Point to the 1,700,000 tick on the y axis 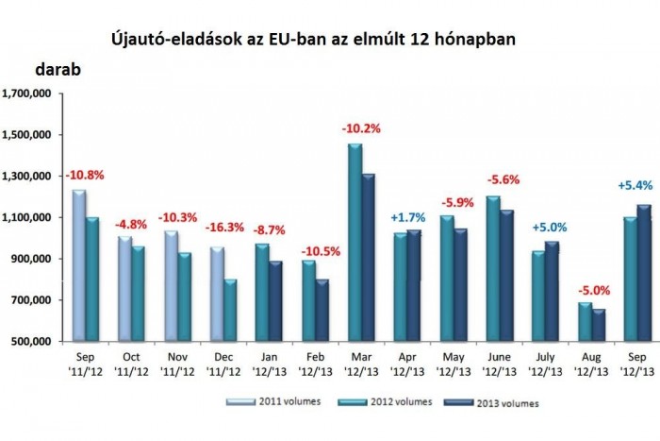[28, 93]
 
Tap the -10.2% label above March [361, 128]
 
